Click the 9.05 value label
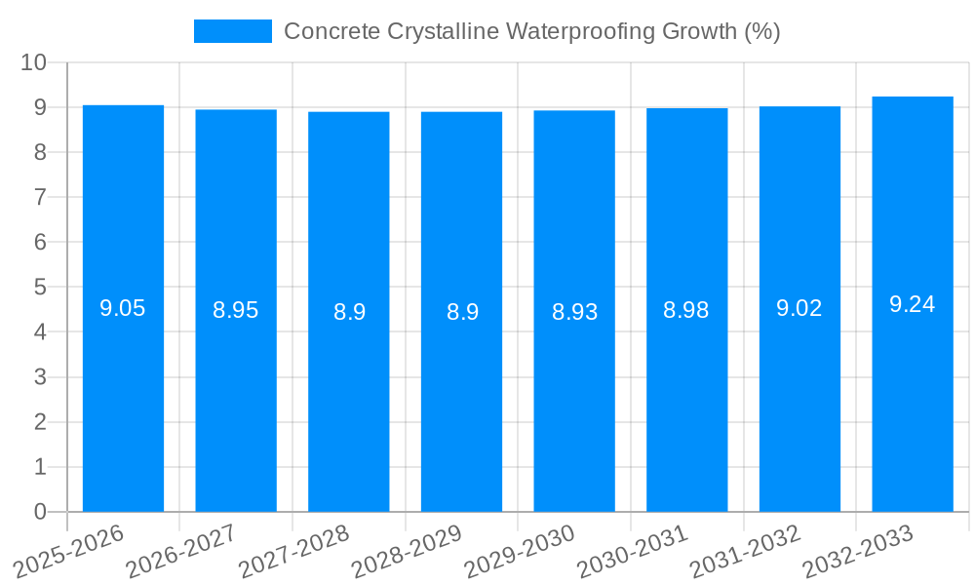pyautogui.click(x=123, y=309)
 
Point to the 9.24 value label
pyautogui.click(x=913, y=304)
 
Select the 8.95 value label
pyautogui.click(x=236, y=311)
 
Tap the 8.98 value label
pyautogui.click(x=686, y=311)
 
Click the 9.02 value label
pyautogui.click(x=799, y=309)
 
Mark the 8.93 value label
pyautogui.click(x=574, y=312)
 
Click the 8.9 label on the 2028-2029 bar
pyautogui.click(x=462, y=312)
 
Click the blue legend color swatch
pyautogui.click(x=233, y=31)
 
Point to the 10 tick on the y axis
pyautogui.click(x=34, y=62)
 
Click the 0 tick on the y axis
pyautogui.click(x=40, y=512)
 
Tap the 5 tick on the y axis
pyautogui.click(x=40, y=288)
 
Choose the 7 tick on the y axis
pyautogui.click(x=40, y=198)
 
